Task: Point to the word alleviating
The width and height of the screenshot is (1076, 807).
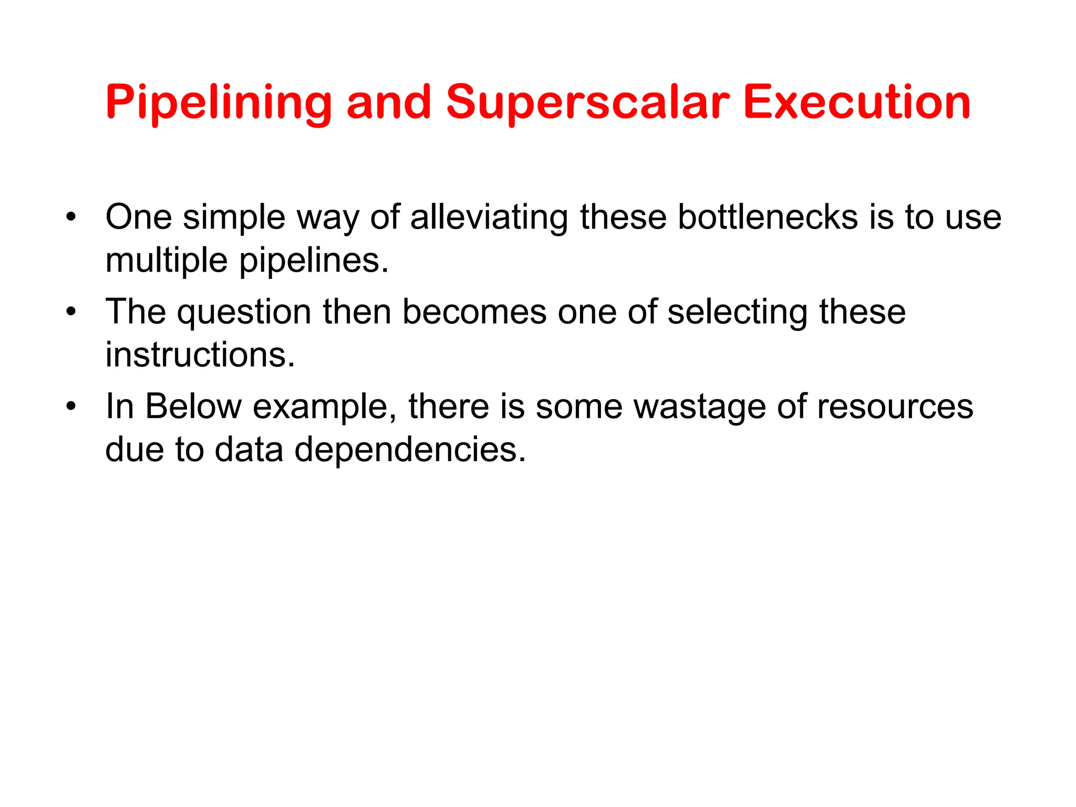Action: coord(489,217)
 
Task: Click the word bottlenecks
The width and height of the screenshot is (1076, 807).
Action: coord(768,217)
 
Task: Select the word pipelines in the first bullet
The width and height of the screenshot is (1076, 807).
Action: coord(314,261)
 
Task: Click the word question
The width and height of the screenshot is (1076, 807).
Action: coord(244,312)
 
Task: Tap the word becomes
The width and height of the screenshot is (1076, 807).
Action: coord(474,312)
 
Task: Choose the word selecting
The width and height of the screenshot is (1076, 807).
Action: coord(737,312)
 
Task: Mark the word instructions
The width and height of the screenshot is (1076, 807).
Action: coord(200,355)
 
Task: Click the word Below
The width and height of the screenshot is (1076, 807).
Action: coord(193,407)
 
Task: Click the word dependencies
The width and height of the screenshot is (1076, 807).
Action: coord(410,450)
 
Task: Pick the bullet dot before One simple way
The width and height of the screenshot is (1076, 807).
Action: coord(71,217)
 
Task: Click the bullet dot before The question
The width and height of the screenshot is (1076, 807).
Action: coord(71,312)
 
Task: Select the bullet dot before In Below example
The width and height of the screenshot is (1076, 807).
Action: coord(71,407)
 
